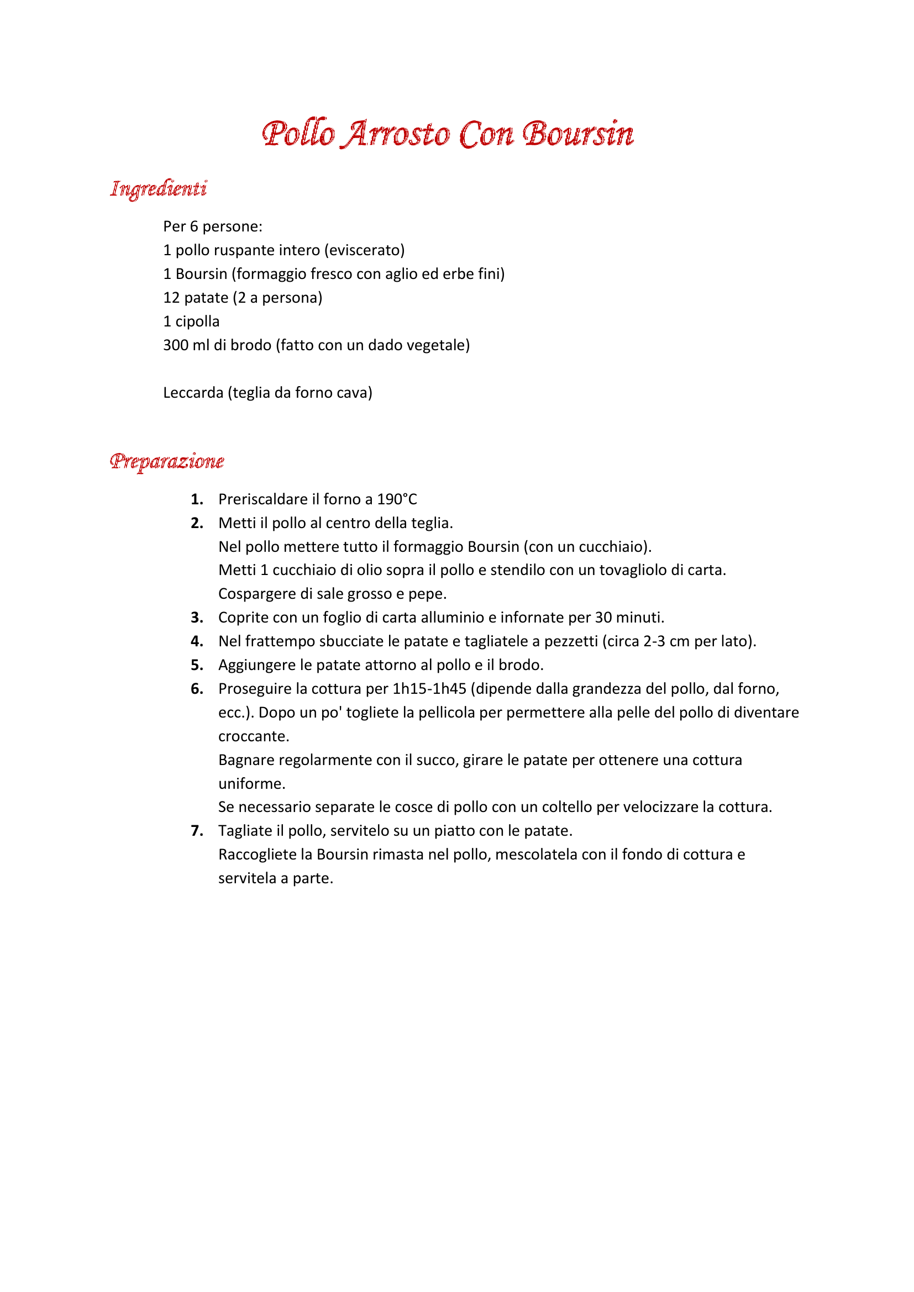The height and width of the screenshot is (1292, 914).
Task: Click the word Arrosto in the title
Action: click(397, 134)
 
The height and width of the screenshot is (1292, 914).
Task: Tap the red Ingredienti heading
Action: click(159, 188)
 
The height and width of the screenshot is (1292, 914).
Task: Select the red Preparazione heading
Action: click(167, 461)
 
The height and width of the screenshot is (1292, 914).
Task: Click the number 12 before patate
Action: click(171, 298)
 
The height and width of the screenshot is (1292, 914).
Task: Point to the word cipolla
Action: click(197, 321)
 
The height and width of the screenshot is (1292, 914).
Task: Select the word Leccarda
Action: click(193, 393)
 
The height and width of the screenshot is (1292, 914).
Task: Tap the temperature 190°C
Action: click(397, 499)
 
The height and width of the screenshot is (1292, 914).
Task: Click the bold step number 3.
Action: click(196, 618)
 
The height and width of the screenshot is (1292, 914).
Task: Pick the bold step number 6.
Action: click(196, 689)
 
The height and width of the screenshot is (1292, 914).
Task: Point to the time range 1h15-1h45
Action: click(429, 689)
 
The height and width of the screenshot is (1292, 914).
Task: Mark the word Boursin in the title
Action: click(578, 134)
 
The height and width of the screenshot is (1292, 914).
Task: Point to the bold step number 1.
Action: click(196, 499)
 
